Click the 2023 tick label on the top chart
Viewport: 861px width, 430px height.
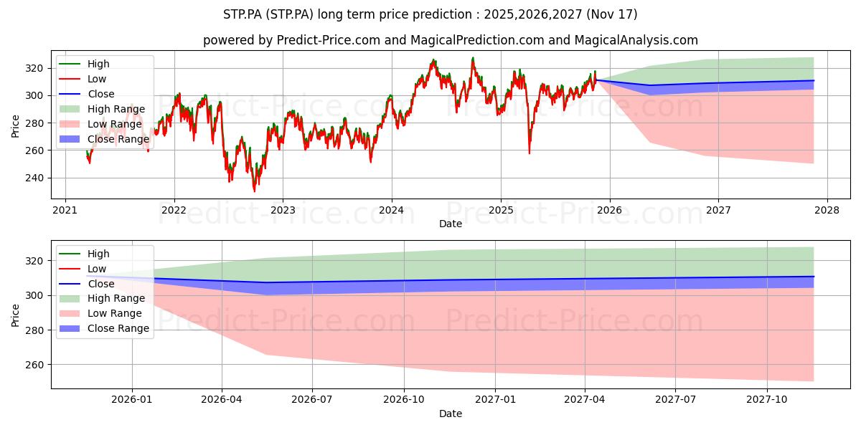pos(283,210)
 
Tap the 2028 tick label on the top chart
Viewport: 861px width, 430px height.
pos(827,210)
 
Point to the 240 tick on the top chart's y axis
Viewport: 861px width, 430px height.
pos(34,178)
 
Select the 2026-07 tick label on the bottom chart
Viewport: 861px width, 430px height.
pos(311,400)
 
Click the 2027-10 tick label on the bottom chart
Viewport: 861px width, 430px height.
pos(767,400)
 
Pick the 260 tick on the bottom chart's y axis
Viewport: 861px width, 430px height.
pos(34,365)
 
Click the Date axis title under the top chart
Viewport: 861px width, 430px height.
pos(451,224)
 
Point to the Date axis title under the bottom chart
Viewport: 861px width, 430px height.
pos(451,414)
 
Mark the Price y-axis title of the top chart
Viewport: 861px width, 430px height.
pos(15,126)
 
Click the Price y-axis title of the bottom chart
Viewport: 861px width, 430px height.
pos(15,315)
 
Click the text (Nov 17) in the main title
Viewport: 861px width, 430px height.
pos(612,14)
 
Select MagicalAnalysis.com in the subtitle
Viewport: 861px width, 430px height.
pos(636,40)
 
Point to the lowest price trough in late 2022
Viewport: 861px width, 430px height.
pos(255,191)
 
